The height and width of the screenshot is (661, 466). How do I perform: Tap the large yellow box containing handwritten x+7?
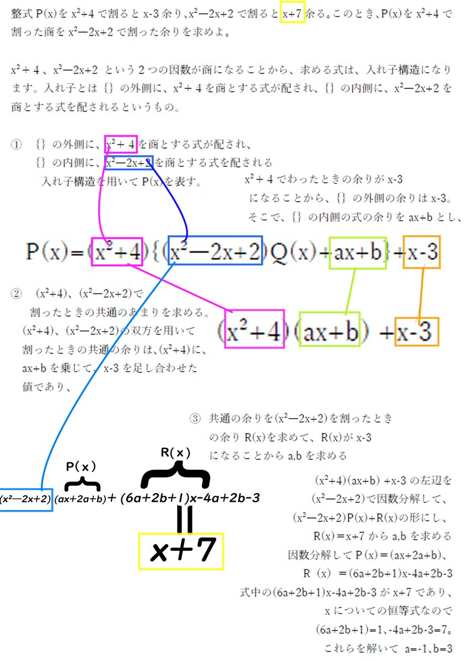click(181, 551)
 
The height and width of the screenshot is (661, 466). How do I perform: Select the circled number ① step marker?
click(16, 145)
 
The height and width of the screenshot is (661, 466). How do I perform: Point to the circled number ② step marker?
click(16, 293)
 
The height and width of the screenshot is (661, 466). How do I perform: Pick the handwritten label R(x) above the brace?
click(175, 453)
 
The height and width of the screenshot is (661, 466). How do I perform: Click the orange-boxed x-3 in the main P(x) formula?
click(422, 252)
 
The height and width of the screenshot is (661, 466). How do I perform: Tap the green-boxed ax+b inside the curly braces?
click(357, 252)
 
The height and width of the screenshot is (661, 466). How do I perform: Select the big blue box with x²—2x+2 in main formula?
click(215, 251)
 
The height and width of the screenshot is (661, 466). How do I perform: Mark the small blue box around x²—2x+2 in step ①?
click(129, 162)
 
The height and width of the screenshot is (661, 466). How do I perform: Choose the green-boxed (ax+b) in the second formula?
click(329, 330)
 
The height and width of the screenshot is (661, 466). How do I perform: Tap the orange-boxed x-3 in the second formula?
click(417, 332)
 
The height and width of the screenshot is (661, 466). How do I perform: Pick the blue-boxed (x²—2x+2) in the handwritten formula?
click(26, 499)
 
